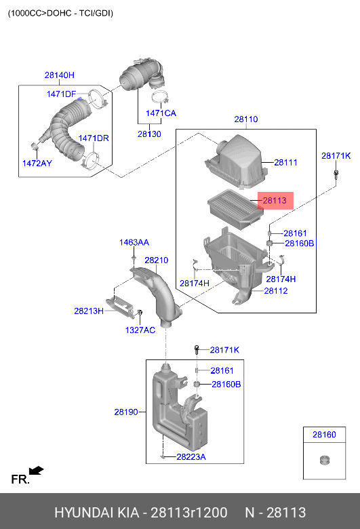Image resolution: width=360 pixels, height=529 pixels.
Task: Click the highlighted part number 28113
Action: (275, 201)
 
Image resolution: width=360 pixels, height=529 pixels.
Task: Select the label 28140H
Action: (60, 75)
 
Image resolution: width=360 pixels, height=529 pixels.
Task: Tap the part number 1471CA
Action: (161, 113)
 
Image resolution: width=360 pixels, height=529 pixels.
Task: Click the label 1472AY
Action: (37, 163)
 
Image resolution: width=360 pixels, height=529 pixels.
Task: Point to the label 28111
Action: (285, 162)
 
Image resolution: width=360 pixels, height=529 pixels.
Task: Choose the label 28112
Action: (275, 291)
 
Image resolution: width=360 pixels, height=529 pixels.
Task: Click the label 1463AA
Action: (134, 242)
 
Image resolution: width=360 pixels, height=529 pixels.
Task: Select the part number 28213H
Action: (89, 311)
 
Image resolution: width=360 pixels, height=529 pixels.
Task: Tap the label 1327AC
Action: (140, 330)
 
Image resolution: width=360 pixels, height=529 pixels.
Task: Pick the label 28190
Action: (125, 412)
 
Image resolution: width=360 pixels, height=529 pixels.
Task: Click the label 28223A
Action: (191, 457)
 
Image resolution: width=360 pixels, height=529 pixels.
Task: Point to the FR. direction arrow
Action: (36, 470)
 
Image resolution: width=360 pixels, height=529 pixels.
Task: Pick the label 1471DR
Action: (94, 138)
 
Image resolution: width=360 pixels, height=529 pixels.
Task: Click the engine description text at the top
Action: (60, 13)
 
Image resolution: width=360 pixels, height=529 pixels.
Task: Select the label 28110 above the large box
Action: (245, 119)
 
